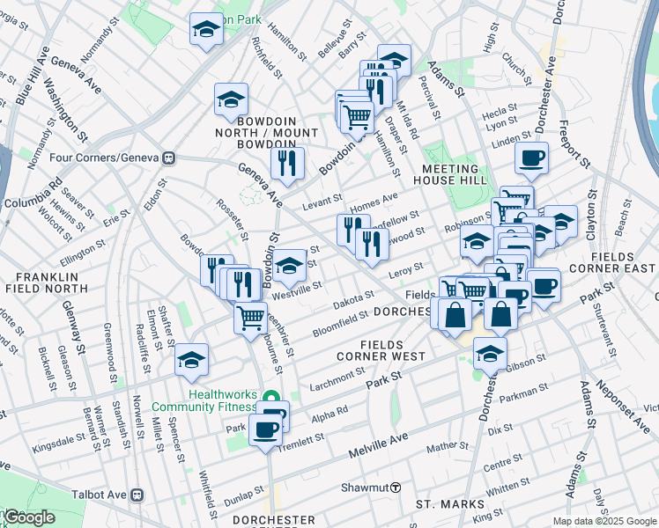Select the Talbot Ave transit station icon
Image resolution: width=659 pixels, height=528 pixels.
coord(137,495)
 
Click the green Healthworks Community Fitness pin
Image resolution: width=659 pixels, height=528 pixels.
coord(272,398)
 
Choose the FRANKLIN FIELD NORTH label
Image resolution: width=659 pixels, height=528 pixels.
coord(40,282)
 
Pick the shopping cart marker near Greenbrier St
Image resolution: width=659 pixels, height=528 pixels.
coord(251,316)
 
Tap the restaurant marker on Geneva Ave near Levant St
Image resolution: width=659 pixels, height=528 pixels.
coord(287,162)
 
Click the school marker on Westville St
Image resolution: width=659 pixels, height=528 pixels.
coord(289,264)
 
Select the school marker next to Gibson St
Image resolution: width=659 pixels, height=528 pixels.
coord(489,354)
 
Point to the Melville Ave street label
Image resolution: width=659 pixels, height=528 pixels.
coord(378,444)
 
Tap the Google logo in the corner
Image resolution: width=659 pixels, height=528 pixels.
coord(29,517)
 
